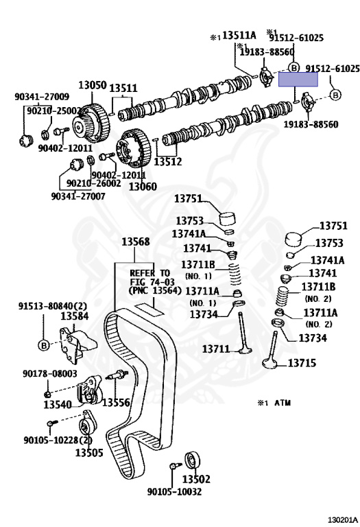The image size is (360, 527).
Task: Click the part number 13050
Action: (x=93, y=85)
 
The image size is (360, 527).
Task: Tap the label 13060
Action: (x=143, y=186)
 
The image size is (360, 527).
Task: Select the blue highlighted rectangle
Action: (x=298, y=80)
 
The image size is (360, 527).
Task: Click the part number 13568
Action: (x=136, y=242)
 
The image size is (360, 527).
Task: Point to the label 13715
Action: (x=302, y=363)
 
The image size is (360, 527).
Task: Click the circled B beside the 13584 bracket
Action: (x=44, y=345)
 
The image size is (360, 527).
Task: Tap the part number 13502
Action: (x=196, y=478)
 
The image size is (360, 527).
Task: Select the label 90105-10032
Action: (x=174, y=492)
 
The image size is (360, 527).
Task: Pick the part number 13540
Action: (x=58, y=405)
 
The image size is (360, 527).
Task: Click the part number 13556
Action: (x=116, y=402)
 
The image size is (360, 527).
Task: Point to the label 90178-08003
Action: (x=50, y=373)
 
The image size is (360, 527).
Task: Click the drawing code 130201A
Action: (x=342, y=520)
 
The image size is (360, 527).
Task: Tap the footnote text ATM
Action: (x=283, y=403)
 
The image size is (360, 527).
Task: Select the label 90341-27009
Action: (x=42, y=97)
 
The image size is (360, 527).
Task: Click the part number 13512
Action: (x=167, y=162)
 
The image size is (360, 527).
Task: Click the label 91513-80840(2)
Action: (x=53, y=306)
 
